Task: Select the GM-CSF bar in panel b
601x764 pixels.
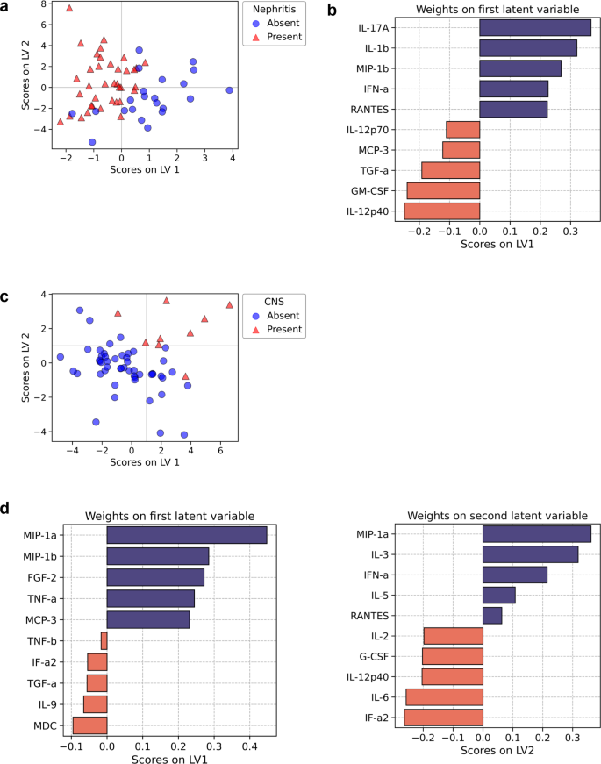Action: point(443,190)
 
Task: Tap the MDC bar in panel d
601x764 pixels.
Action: point(89,725)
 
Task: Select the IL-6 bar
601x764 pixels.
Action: point(444,697)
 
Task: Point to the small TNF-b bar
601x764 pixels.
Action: point(104,640)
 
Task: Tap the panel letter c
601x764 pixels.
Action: point(6,296)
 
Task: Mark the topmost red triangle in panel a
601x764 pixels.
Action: point(69,8)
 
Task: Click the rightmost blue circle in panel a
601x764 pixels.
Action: point(229,90)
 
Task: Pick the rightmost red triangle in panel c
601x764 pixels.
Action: point(229,305)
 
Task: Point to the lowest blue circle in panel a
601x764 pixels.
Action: point(92,141)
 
